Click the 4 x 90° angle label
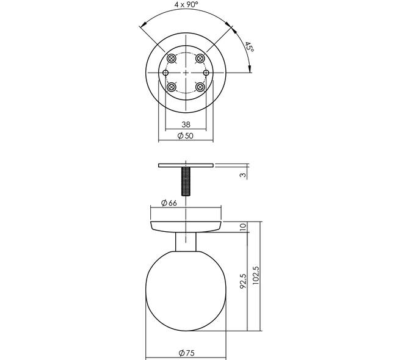point(187,4)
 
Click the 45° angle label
point(249,47)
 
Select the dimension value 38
point(186,124)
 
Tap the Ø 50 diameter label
point(185,135)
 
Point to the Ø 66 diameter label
point(169,203)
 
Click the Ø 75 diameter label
point(187,353)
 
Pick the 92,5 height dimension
point(243,281)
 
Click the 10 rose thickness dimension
point(243,226)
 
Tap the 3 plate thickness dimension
point(243,175)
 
